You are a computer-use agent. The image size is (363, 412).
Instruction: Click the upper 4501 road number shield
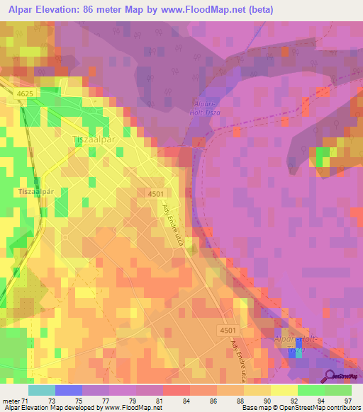[x=158, y=193]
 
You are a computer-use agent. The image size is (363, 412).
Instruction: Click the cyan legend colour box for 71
[x=42, y=390]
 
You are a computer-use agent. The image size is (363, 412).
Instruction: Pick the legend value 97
[x=347, y=401]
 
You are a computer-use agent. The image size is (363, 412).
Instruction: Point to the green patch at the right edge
[x=323, y=157]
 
